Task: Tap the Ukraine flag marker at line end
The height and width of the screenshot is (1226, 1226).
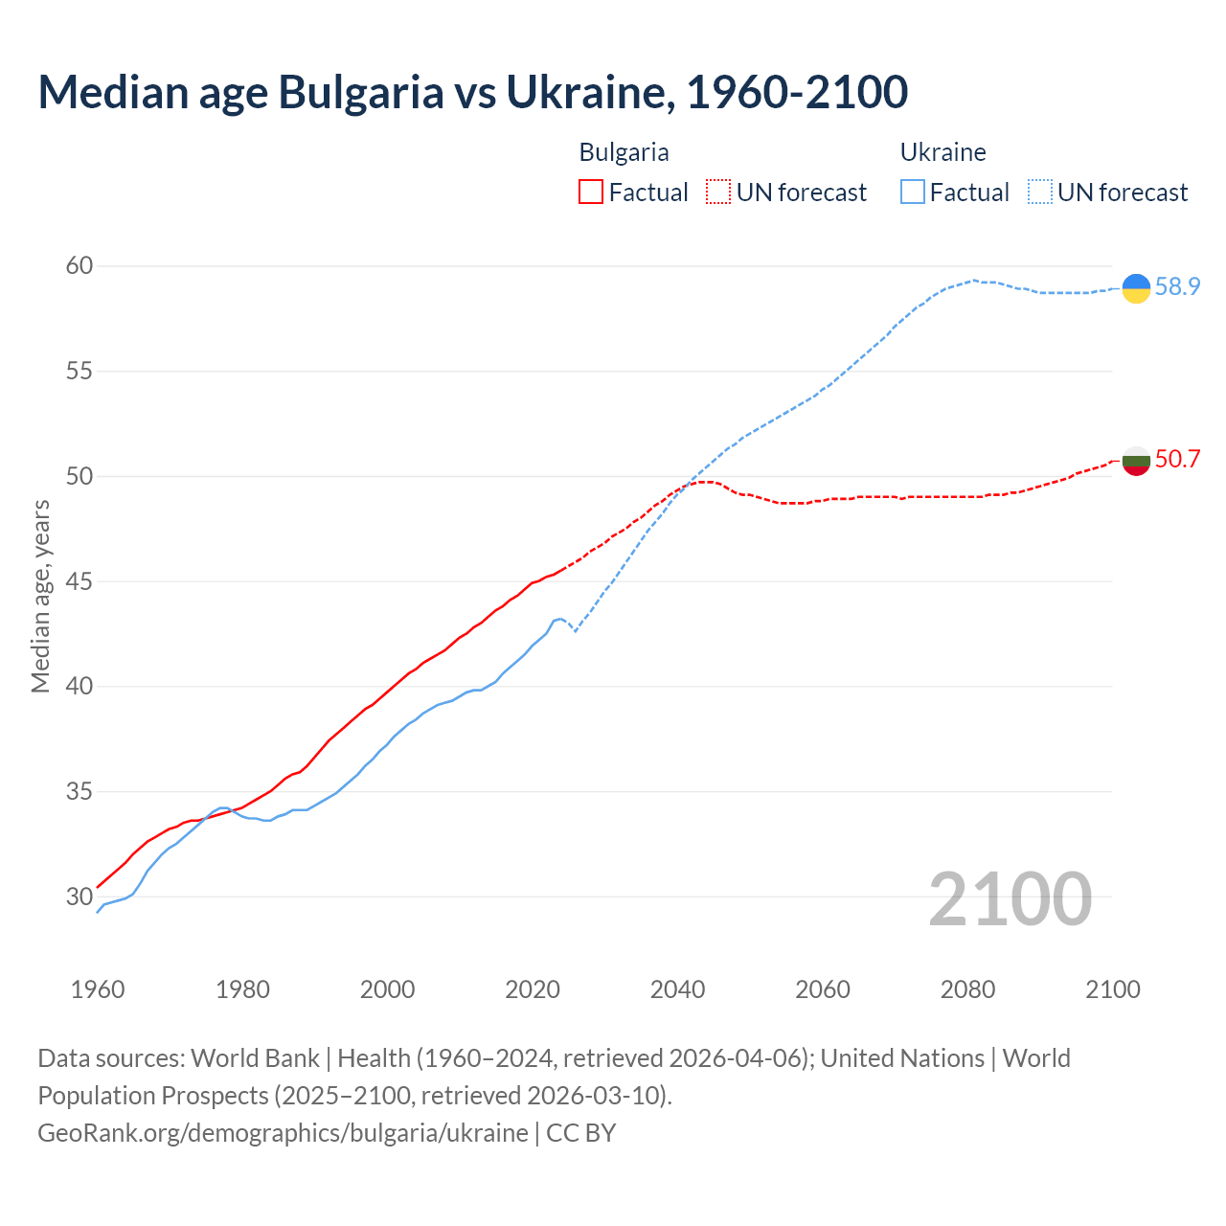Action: [x=1136, y=287]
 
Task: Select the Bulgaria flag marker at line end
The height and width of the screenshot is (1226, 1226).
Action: [x=1136, y=461]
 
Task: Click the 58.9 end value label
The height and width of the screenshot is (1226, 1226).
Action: [x=1177, y=286]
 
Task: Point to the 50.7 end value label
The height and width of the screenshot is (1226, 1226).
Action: [x=1177, y=460]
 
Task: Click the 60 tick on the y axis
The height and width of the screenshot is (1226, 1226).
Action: [x=79, y=265]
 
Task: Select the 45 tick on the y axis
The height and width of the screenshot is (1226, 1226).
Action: [x=79, y=581]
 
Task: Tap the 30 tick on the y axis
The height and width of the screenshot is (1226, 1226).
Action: [x=79, y=897]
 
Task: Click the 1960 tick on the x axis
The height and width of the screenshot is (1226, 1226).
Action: [x=98, y=989]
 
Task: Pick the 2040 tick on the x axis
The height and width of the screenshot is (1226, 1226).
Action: [x=677, y=989]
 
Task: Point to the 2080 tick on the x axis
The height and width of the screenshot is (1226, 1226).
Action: [x=967, y=989]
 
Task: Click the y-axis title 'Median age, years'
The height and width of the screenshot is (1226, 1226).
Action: [x=40, y=596]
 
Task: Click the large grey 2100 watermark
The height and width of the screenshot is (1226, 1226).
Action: [x=1010, y=898]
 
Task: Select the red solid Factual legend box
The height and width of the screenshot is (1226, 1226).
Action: [x=591, y=193]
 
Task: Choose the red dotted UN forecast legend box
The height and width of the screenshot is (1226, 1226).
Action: [x=718, y=193]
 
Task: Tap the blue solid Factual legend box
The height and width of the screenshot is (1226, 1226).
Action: [x=913, y=193]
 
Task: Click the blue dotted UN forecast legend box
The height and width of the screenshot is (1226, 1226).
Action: [x=1040, y=193]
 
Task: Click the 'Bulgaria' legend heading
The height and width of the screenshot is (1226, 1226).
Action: [x=624, y=152]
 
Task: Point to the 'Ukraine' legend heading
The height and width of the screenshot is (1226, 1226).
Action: [x=942, y=152]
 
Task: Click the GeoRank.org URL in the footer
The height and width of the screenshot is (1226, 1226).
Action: [x=283, y=1132]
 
